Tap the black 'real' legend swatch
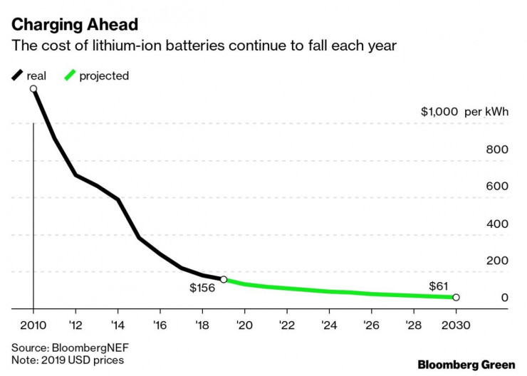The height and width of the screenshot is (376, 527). pos(17,75)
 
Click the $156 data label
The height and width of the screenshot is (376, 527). pos(202,287)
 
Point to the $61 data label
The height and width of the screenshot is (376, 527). pos(438,286)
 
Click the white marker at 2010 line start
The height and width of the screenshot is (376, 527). pos(33,89)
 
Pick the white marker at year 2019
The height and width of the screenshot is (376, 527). pos(224,280)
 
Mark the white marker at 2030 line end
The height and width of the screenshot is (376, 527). pos(456,298)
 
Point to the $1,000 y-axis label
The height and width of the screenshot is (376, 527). pos(439,113)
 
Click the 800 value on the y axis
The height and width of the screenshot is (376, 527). pos(497,150)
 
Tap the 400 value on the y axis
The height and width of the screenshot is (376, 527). pos(497,224)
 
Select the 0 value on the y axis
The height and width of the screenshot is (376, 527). pos(504,298)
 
